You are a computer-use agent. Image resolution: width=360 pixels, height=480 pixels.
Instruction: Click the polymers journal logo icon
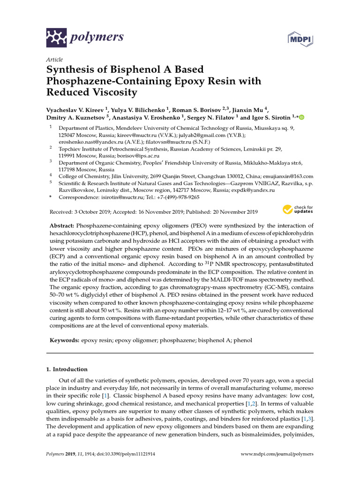(57, 37)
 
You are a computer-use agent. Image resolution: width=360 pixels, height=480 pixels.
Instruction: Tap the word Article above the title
(54, 60)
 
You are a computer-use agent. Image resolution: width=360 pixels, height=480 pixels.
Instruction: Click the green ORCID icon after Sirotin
(301, 118)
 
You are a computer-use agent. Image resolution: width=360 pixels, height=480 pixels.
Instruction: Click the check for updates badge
(298, 210)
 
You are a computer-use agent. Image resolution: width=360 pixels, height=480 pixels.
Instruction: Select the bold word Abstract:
(60, 225)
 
